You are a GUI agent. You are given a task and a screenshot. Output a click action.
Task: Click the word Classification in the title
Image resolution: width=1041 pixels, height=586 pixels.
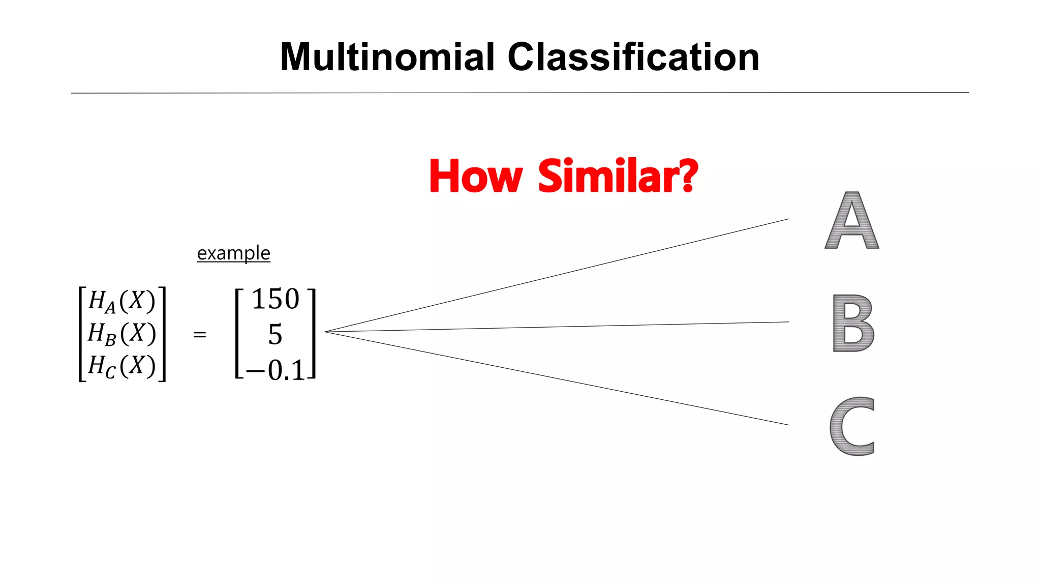point(633,57)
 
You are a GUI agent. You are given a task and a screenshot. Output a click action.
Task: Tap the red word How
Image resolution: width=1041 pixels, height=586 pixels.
point(476,176)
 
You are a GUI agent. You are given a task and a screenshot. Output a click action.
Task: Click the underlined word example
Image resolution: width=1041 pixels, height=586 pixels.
point(233,253)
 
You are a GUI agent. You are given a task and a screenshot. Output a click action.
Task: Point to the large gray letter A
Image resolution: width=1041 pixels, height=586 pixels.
point(852,221)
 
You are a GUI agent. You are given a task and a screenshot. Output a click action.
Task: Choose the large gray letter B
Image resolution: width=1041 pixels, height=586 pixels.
point(853,323)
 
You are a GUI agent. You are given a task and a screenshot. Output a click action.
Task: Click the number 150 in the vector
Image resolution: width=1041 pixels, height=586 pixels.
point(275,299)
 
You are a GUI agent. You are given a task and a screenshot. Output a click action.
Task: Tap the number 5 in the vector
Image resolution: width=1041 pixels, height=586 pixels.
point(275,335)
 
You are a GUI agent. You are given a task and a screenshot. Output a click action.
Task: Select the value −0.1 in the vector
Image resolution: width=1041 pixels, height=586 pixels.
point(275,370)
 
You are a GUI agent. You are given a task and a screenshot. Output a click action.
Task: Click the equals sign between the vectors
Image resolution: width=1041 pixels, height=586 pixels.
point(200,335)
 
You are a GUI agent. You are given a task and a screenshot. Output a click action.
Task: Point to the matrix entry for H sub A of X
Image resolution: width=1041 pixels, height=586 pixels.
point(121,301)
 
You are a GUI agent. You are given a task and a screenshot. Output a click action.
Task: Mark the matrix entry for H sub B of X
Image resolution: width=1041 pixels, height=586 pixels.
point(121,334)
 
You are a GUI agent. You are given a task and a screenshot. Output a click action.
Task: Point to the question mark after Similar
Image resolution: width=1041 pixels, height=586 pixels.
point(689,176)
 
